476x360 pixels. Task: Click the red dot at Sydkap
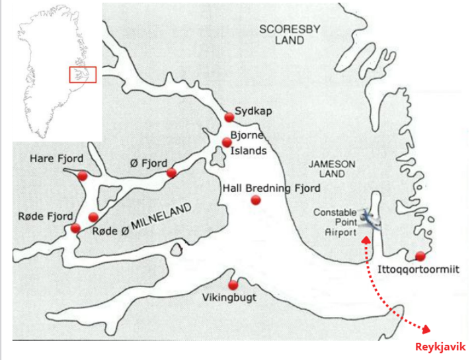(x=229, y=117)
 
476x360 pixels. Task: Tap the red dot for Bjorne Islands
(x=227, y=142)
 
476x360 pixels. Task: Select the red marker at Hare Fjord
(x=82, y=175)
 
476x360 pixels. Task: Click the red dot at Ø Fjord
(x=171, y=173)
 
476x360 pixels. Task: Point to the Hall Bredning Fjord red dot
(x=256, y=200)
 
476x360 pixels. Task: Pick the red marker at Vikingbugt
(x=233, y=285)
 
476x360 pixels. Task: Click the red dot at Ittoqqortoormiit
(x=420, y=256)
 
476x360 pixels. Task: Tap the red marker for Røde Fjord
(x=75, y=228)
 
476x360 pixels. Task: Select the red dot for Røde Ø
(x=93, y=217)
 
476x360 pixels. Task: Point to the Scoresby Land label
(x=282, y=34)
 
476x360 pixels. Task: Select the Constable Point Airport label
(x=335, y=222)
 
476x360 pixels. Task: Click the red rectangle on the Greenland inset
(x=83, y=74)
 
